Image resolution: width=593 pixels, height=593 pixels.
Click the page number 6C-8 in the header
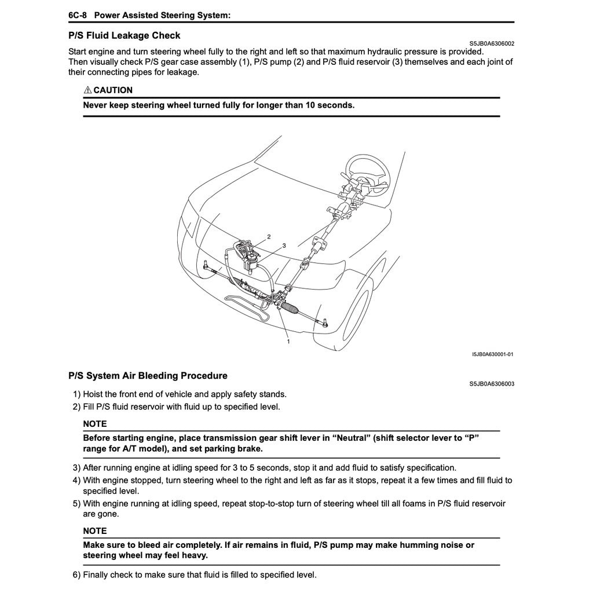coord(77,16)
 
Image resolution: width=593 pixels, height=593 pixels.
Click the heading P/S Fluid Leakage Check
coord(124,35)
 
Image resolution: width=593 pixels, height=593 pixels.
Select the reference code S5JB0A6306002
coord(491,43)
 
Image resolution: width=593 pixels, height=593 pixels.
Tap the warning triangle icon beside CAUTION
coord(87,90)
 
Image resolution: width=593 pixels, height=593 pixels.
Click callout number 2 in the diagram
coord(269,237)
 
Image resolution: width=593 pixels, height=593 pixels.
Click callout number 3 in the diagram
coord(284,246)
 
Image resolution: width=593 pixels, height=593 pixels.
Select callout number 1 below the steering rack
coord(288,342)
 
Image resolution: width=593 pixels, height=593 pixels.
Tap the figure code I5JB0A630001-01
coord(492,354)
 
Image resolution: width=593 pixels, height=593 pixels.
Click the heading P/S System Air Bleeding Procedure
coord(148,376)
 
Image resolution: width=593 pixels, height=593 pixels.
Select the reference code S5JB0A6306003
coord(491,383)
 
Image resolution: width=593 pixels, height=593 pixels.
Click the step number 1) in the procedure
coord(76,394)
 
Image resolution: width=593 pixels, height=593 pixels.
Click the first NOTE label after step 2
coord(95,424)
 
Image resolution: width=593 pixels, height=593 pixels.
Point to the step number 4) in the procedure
coord(76,480)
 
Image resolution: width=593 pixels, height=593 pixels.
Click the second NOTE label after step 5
coord(95,530)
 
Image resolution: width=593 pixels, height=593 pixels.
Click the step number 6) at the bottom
coord(76,575)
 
